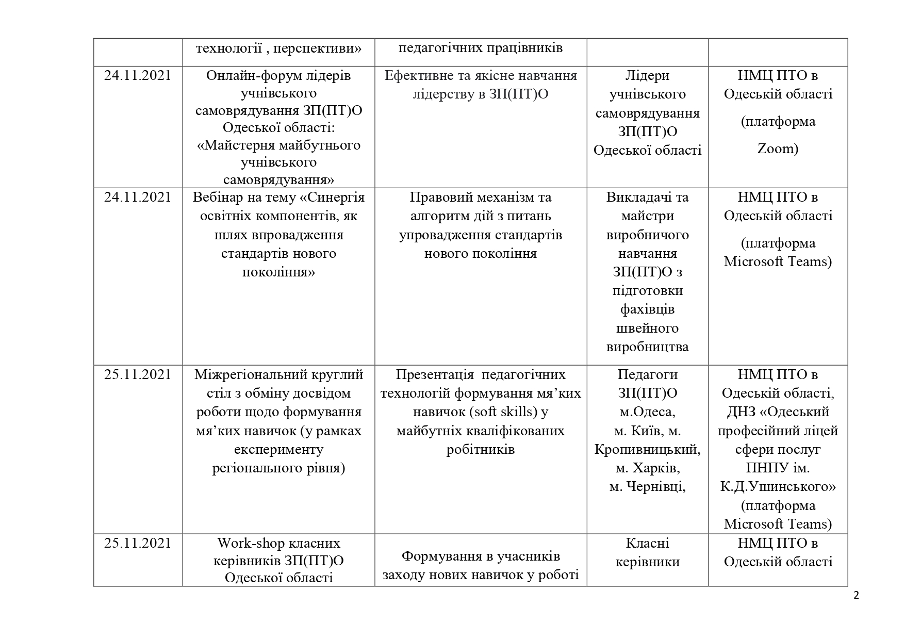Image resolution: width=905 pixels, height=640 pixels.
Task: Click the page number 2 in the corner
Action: point(857,596)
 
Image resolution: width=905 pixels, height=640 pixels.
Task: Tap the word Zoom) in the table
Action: point(778,149)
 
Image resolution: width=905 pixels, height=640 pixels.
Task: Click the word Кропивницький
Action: point(647,449)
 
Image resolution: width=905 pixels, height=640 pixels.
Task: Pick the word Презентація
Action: point(435,374)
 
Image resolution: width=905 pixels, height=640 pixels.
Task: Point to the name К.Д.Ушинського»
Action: point(778,487)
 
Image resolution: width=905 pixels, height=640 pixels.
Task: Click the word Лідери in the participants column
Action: point(647,76)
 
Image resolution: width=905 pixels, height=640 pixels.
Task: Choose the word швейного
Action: point(647,328)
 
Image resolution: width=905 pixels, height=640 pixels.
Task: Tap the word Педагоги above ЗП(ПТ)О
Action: point(647,374)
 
